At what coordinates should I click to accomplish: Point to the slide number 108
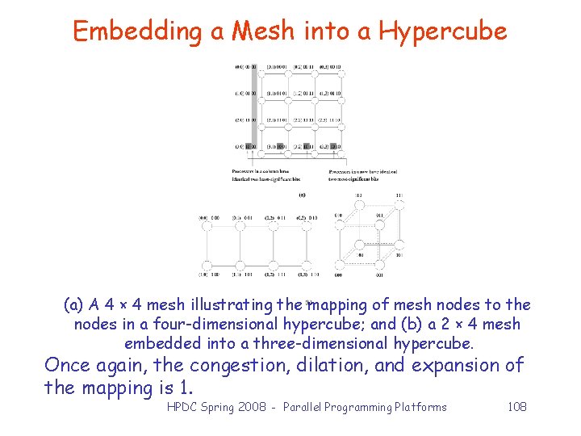coord(516,406)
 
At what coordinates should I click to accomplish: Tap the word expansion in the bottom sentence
coord(462,365)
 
